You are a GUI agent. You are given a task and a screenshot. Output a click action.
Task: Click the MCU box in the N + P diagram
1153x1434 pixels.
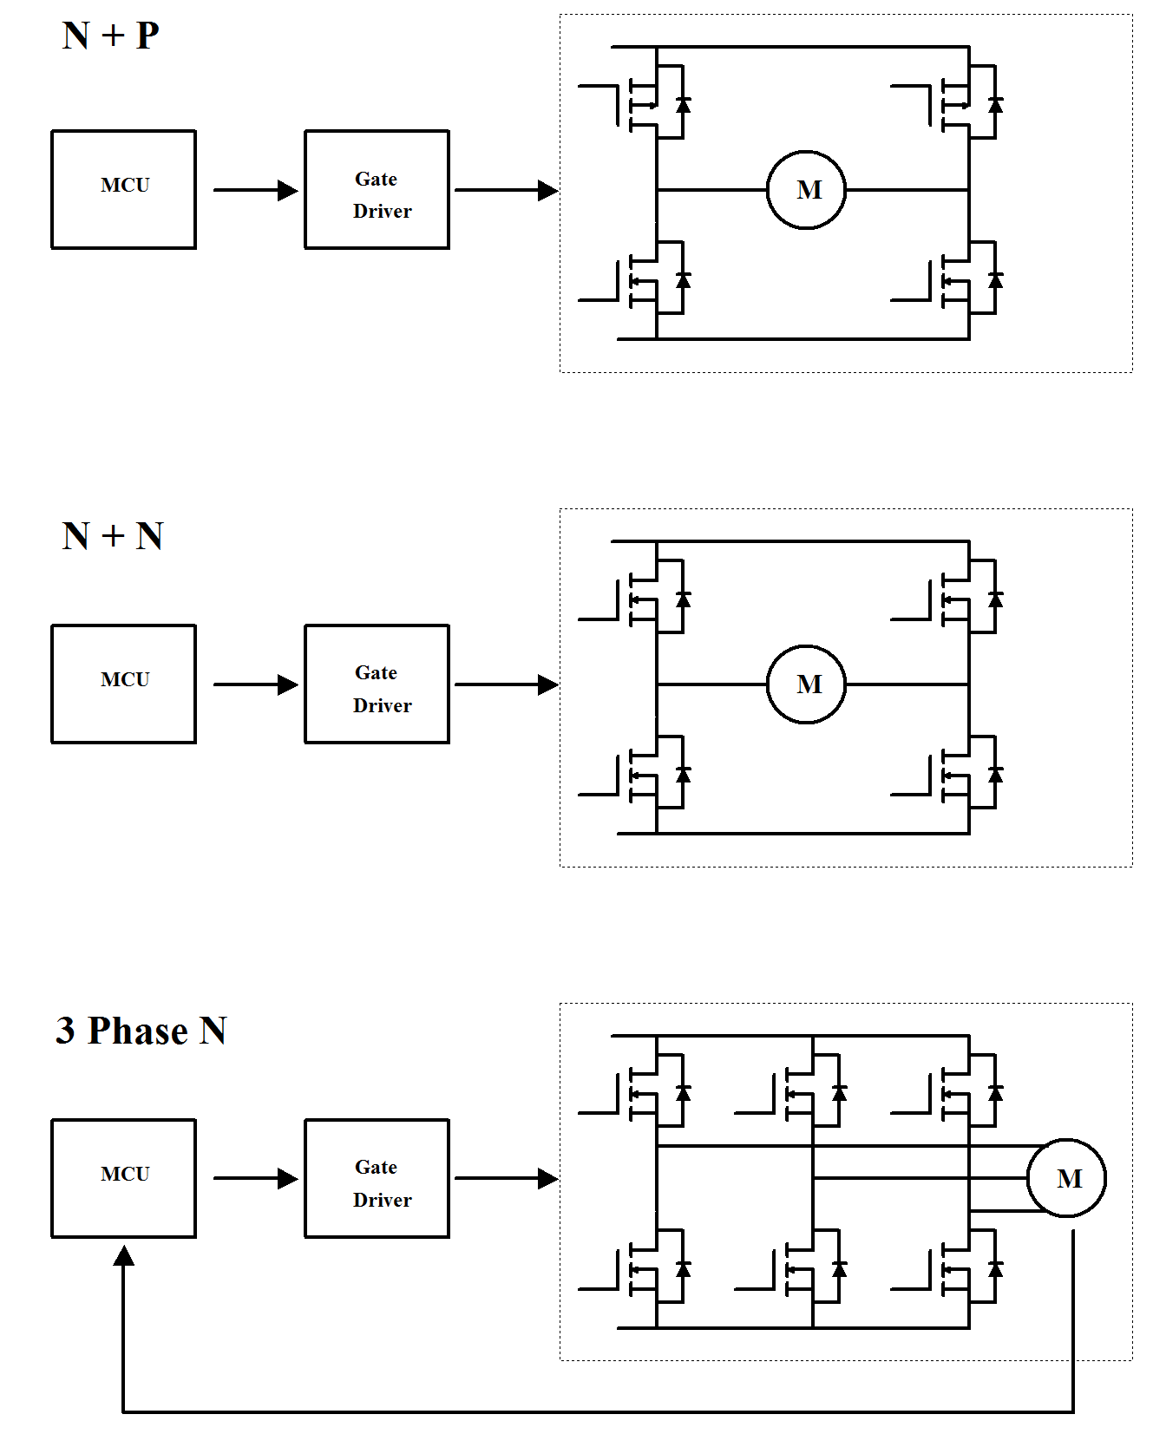pos(124,189)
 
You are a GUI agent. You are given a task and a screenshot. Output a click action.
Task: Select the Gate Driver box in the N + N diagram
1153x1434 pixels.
pos(377,684)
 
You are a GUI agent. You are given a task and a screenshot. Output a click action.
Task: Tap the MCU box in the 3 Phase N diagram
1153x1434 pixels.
pos(124,1178)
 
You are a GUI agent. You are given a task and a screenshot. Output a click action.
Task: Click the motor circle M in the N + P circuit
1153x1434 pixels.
pos(807,190)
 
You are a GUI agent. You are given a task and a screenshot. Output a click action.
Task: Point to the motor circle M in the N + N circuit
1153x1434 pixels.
pos(807,684)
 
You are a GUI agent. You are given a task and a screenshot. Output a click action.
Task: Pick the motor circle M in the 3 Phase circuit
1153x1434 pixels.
pos(1066,1178)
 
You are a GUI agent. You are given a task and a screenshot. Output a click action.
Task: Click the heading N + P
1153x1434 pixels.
pos(111,36)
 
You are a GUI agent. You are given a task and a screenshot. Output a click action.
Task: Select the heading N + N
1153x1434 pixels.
pos(113,536)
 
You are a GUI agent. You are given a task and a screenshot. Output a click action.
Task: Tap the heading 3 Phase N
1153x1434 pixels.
pos(141,1031)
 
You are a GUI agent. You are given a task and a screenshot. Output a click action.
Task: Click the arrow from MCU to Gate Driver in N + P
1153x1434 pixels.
pos(255,190)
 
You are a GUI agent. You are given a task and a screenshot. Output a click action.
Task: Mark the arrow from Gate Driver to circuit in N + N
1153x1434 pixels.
pos(506,684)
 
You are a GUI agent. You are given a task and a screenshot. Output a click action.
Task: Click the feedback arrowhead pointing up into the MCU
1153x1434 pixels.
pos(124,1256)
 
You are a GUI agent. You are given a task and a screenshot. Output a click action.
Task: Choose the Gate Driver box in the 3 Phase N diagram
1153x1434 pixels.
pos(377,1178)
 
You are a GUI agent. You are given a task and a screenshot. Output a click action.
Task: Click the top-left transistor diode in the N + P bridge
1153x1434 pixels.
pos(684,105)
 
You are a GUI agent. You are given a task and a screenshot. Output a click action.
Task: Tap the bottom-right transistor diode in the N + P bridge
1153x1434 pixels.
pos(996,280)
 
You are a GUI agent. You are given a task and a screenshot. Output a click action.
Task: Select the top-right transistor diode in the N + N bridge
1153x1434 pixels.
pos(996,599)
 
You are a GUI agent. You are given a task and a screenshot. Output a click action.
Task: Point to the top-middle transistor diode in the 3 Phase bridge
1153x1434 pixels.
pos(840,1093)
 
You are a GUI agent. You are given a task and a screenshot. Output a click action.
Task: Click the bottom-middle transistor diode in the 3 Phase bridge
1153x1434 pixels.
pos(840,1269)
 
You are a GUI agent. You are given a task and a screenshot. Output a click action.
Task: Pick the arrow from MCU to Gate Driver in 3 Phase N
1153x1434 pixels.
pos(255,1178)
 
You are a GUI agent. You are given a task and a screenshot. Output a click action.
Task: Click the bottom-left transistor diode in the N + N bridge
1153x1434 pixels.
pos(684,775)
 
